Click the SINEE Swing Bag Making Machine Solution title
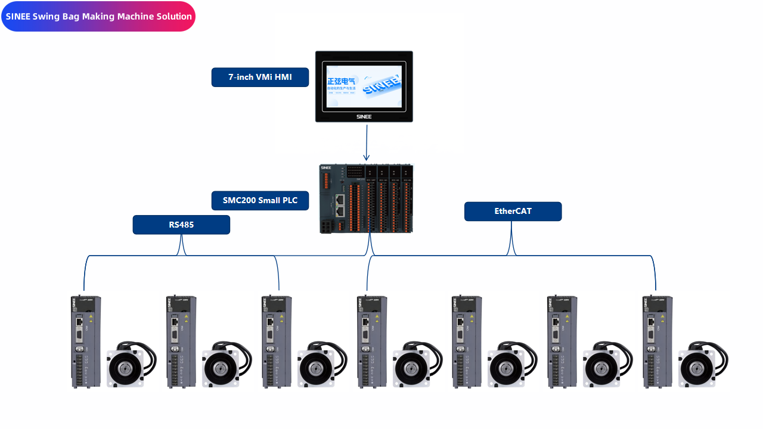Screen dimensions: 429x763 [x=98, y=17]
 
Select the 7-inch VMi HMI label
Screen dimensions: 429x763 [x=260, y=77]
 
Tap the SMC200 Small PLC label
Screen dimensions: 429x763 [x=260, y=201]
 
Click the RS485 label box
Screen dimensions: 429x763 [x=181, y=225]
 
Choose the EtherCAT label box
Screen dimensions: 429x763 [x=513, y=212]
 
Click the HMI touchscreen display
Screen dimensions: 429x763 [x=364, y=86]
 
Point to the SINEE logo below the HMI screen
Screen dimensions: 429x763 [x=364, y=117]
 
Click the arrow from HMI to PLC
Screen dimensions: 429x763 [x=366, y=143]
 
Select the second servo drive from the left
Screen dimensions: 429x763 [x=181, y=342]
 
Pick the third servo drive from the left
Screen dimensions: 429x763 [x=277, y=342]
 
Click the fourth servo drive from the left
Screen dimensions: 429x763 [x=372, y=342]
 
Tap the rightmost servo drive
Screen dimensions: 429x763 [x=657, y=342]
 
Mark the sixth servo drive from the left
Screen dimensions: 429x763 [x=562, y=342]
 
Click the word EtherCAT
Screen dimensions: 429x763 [x=513, y=212]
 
